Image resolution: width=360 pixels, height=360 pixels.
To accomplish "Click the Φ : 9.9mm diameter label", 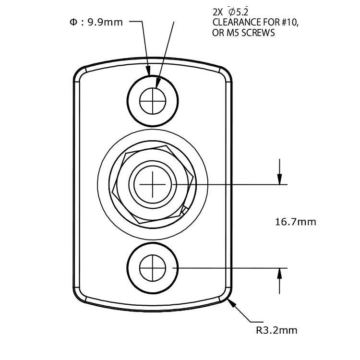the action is (x=96, y=22).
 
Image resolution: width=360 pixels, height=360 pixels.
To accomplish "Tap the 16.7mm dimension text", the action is (x=296, y=222).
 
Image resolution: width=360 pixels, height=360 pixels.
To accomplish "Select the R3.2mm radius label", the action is (x=276, y=330).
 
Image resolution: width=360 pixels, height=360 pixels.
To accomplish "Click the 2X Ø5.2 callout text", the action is (x=231, y=12).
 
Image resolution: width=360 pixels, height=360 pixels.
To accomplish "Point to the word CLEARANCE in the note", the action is (x=238, y=22).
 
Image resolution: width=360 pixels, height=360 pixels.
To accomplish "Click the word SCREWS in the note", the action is (x=258, y=33).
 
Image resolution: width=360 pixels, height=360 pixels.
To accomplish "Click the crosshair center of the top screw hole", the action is (x=153, y=101).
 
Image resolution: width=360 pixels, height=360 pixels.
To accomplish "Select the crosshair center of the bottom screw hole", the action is (x=153, y=268).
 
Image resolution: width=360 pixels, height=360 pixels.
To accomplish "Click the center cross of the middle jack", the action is (x=153, y=184).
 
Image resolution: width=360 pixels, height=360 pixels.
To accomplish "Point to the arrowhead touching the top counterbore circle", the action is (x=148, y=71).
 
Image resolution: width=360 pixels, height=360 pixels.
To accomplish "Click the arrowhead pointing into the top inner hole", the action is (x=157, y=83).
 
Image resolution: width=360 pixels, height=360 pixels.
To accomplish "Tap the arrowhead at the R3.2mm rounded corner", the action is (x=232, y=303).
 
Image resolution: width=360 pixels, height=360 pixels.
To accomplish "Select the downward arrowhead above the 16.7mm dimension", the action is (x=279, y=180).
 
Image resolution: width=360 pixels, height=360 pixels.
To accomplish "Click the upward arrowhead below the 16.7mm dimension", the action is (x=279, y=273).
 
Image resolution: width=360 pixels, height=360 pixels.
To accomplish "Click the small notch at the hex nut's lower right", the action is (x=185, y=210).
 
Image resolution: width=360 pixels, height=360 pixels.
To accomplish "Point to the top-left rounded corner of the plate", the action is (x=79, y=72).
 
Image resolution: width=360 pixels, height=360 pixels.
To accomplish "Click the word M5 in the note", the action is (x=231, y=33).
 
